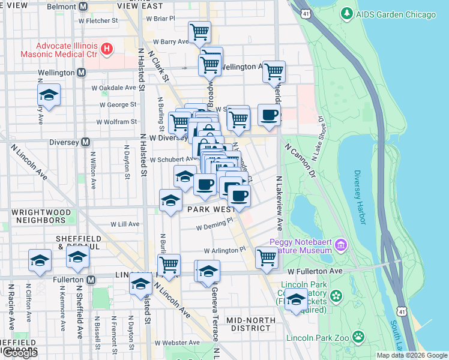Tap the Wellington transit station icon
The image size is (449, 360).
click(x=81, y=73)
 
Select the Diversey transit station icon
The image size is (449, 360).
click(x=86, y=143)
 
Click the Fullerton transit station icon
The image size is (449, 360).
click(x=91, y=280)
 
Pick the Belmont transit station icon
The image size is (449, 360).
click(x=82, y=6)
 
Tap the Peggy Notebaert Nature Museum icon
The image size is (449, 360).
click(x=341, y=244)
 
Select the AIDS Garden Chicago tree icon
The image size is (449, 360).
click(x=346, y=13)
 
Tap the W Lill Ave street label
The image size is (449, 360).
click(x=125, y=224)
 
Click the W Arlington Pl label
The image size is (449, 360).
click(x=225, y=250)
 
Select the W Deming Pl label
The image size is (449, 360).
click(x=214, y=227)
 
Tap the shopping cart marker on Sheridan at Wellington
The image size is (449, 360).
click(x=274, y=71)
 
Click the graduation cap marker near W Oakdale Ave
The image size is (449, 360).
click(x=49, y=95)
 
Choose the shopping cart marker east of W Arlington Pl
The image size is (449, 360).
click(x=267, y=257)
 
